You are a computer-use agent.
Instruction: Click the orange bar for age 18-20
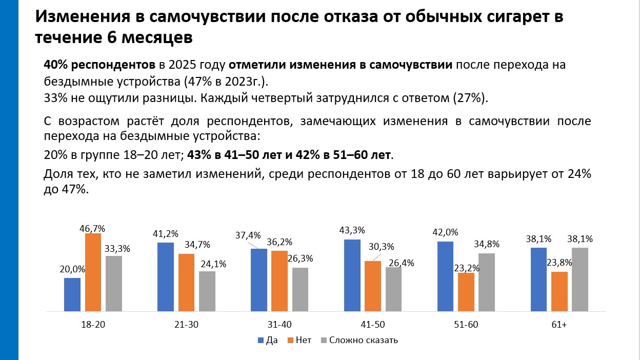tap(93, 272)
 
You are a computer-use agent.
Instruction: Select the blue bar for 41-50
tap(352, 275)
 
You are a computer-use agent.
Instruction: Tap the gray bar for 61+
tap(580, 279)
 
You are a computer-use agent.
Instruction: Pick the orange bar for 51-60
tap(466, 292)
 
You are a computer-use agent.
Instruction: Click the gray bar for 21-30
tap(207, 291)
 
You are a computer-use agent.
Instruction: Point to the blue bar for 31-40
tap(259, 280)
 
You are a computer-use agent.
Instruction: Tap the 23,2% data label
tap(466, 267)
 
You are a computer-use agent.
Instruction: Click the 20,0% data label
tap(72, 269)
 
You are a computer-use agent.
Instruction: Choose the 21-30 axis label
tap(186, 324)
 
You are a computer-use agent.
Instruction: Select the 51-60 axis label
tap(466, 324)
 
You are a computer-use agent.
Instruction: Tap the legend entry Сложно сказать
tap(359, 340)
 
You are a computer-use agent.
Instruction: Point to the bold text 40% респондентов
tap(100, 66)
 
